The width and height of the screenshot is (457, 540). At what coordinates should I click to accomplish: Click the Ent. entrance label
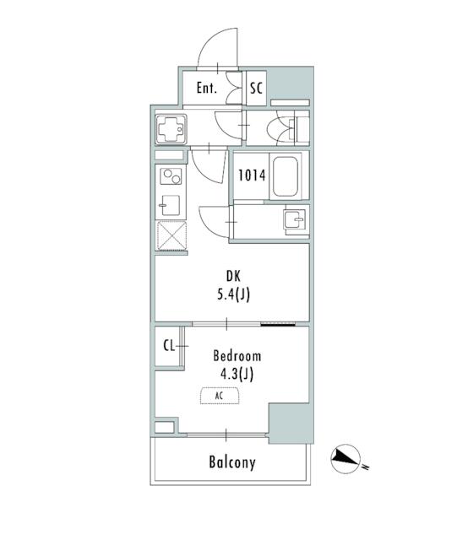click(x=207, y=88)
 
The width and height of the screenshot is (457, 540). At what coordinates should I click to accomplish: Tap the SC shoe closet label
click(x=256, y=88)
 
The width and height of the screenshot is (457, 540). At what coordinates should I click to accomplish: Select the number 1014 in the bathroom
click(x=252, y=175)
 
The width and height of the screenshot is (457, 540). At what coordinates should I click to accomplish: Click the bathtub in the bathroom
click(x=286, y=176)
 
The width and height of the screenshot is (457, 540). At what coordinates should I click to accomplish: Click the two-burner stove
click(x=171, y=175)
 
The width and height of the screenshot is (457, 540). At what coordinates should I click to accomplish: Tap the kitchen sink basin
click(x=171, y=205)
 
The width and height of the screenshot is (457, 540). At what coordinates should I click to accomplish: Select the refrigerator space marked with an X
click(x=171, y=235)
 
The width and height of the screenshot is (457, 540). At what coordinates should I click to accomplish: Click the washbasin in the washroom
click(x=294, y=219)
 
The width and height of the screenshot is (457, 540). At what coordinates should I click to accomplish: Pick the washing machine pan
click(x=171, y=129)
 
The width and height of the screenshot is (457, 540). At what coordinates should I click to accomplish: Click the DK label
click(x=233, y=277)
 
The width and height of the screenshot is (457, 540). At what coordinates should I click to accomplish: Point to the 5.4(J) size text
click(x=233, y=294)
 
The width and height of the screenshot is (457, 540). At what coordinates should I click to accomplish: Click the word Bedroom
click(x=237, y=356)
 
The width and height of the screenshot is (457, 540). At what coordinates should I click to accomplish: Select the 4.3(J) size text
click(x=237, y=374)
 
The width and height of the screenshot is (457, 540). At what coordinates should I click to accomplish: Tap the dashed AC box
click(x=220, y=396)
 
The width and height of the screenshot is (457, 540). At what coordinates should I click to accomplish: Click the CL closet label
click(x=169, y=346)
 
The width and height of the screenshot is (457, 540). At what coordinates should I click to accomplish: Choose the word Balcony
click(x=232, y=462)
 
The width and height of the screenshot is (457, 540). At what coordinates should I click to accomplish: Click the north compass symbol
click(x=346, y=458)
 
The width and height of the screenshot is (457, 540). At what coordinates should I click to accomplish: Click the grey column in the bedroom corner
click(x=291, y=423)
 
